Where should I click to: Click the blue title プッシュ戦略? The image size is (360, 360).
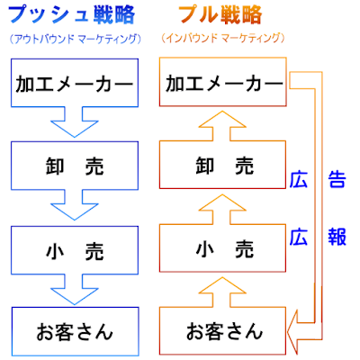coord(71,14)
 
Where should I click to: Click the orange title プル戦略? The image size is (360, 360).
coord(220,14)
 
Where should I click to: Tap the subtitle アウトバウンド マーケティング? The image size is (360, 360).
coord(75,39)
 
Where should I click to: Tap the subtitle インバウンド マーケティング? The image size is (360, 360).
coord(222,38)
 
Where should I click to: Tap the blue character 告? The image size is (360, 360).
coord(337,179)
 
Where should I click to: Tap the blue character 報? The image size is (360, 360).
coord(337,237)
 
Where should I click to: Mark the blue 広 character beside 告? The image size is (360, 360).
coord(299,179)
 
